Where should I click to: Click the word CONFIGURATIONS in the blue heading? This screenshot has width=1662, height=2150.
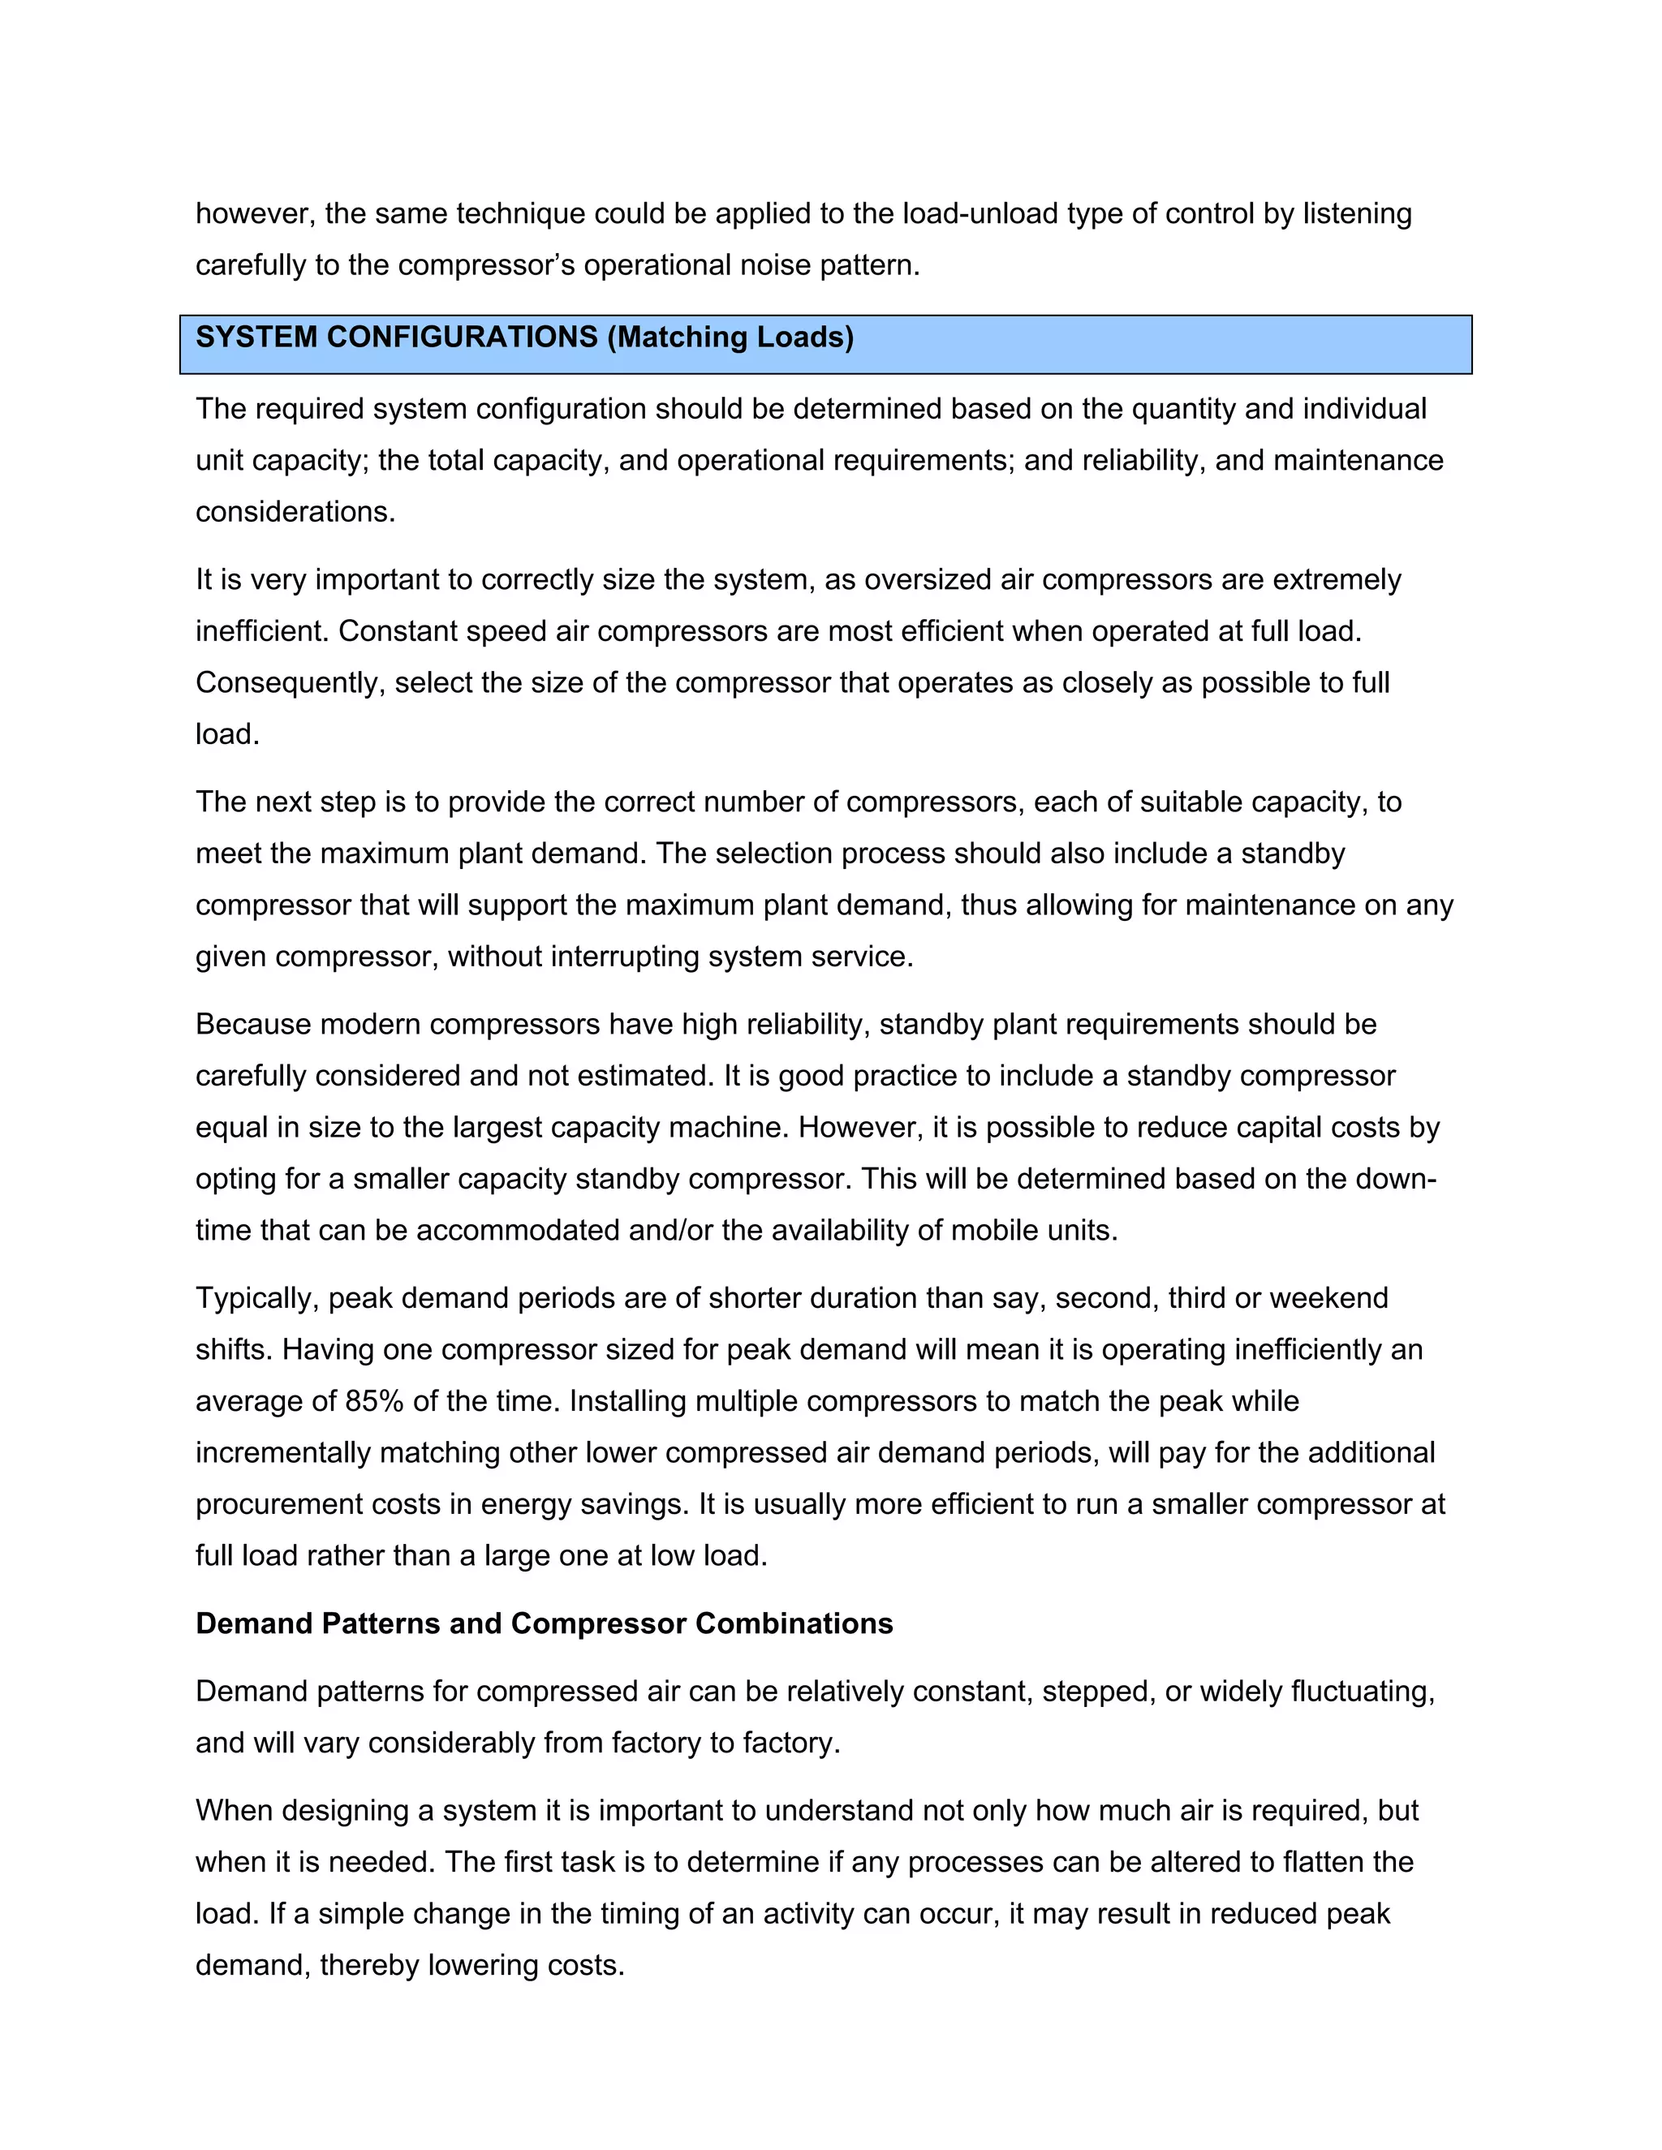point(462,337)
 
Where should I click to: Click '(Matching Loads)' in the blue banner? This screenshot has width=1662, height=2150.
point(730,337)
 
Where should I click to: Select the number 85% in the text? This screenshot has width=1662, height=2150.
point(374,1401)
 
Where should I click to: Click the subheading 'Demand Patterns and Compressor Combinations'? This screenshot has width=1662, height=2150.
point(544,1623)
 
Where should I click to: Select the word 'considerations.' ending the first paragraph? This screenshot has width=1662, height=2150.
point(295,512)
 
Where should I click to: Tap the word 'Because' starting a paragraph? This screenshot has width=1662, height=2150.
point(253,1025)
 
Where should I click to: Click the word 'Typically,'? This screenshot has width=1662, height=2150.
point(257,1298)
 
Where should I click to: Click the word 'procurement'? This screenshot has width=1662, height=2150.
point(277,1504)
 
